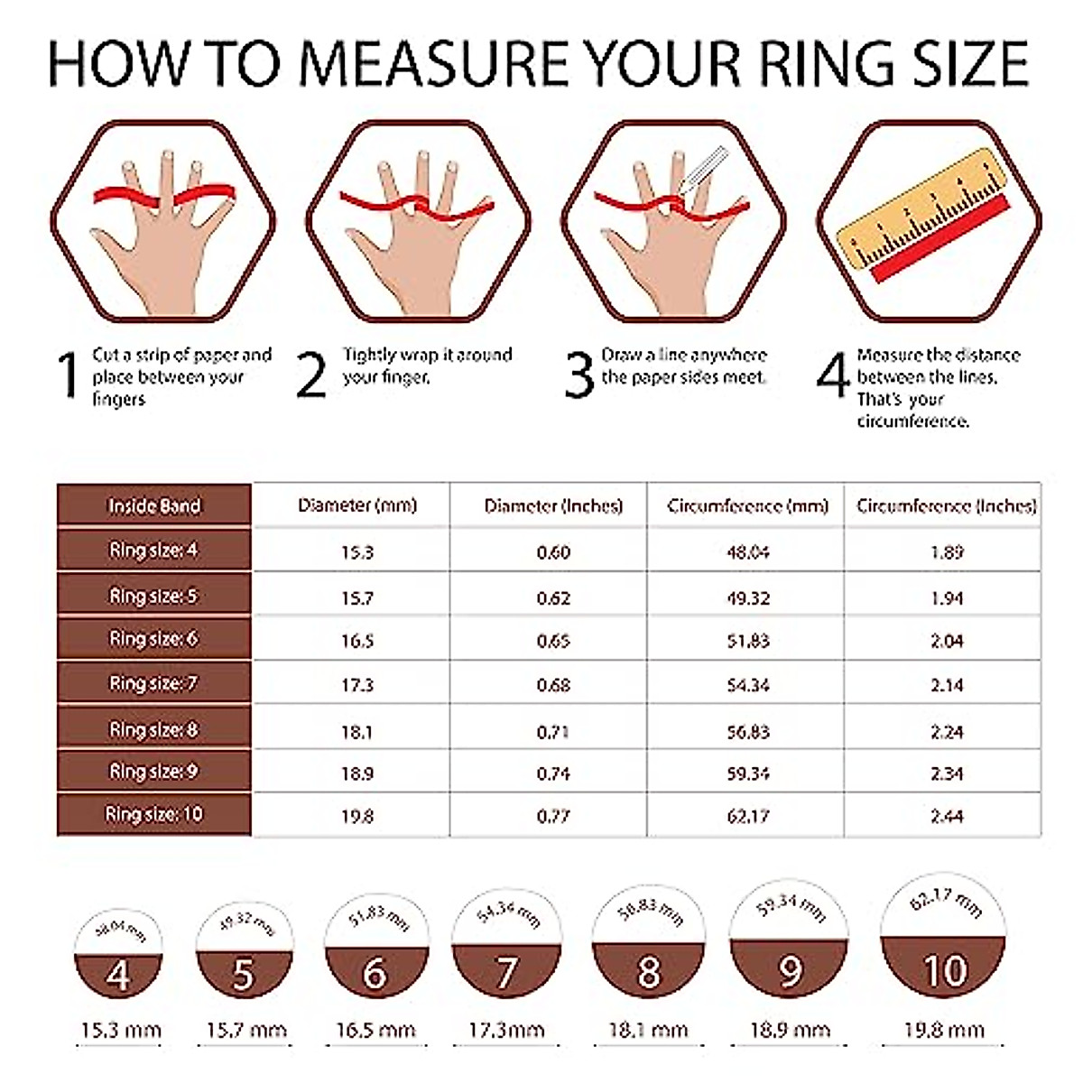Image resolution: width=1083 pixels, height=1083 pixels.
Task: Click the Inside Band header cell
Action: tap(154, 505)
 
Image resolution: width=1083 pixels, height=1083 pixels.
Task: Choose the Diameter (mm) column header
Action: tap(357, 505)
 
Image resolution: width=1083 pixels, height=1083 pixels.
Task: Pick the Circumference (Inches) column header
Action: tap(946, 505)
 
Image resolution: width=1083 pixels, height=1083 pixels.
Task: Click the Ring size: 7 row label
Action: tap(153, 683)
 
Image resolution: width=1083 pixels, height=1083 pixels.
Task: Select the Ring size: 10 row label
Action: tap(154, 814)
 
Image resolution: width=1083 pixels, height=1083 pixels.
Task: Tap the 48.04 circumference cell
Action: tap(747, 552)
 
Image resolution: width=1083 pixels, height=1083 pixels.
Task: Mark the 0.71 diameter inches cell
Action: tap(552, 732)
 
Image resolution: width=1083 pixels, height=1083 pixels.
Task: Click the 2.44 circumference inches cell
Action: tap(947, 817)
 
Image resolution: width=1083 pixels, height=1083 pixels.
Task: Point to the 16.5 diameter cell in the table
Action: tap(357, 641)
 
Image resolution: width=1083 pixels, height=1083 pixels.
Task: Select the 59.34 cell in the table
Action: tap(747, 773)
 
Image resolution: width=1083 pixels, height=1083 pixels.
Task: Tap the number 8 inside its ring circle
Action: tap(648, 973)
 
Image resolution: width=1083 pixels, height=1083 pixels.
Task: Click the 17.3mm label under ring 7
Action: tap(506, 1030)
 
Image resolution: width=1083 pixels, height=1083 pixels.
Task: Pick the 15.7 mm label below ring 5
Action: tap(246, 1030)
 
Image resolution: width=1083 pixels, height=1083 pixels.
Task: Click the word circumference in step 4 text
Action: tap(912, 421)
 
